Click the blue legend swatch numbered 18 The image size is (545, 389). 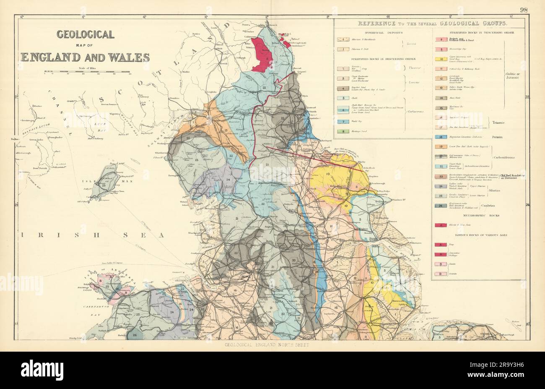(x=442, y=137)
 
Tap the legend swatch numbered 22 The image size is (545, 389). (x=442, y=167)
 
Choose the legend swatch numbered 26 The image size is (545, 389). (x=442, y=206)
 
